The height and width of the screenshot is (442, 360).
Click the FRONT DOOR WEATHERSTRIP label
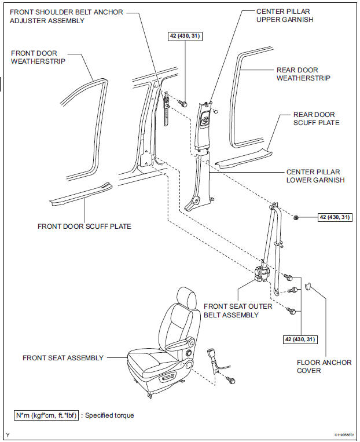click(x=34, y=57)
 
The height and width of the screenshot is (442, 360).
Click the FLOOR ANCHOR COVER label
click(x=324, y=367)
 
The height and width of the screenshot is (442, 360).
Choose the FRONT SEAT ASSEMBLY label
click(x=63, y=358)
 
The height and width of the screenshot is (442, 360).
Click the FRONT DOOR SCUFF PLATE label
click(x=85, y=226)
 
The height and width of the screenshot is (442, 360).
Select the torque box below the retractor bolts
click(x=300, y=339)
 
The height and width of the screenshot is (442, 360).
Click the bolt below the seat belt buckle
click(x=232, y=380)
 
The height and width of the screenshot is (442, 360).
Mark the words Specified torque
click(x=111, y=415)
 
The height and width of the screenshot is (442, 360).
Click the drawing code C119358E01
click(x=344, y=435)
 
